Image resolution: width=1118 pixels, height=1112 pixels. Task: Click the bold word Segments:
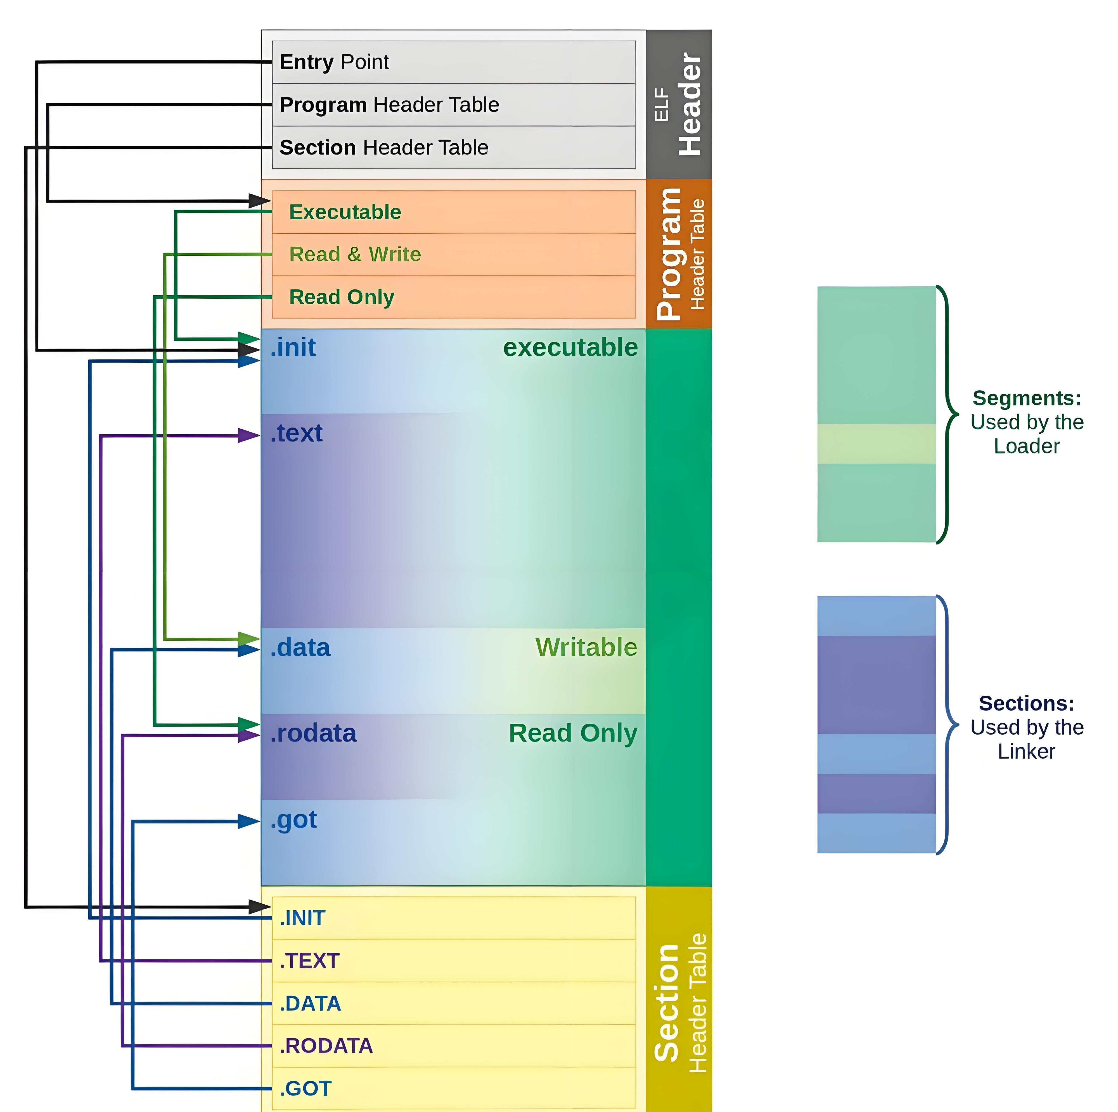point(1026,398)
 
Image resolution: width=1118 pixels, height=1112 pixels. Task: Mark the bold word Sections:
point(1026,704)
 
